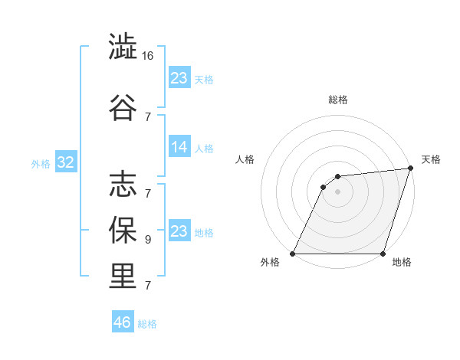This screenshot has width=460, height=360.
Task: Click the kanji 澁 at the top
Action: point(123,47)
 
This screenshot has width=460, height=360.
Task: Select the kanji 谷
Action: point(123,106)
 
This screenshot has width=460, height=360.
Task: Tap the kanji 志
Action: point(123,183)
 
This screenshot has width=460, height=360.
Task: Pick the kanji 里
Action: point(123,277)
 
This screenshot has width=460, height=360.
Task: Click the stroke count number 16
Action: point(149,57)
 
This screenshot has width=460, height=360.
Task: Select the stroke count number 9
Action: point(148,239)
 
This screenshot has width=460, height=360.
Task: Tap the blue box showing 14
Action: point(179,148)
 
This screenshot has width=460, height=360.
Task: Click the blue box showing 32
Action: point(65,163)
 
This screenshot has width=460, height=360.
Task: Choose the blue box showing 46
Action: point(123,322)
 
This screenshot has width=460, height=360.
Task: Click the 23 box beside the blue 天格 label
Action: point(179,77)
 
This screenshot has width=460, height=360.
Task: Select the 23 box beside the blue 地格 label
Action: point(179,231)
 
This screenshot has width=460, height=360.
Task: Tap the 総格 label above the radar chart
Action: point(338,100)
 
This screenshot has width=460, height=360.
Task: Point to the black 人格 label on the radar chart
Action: point(245,159)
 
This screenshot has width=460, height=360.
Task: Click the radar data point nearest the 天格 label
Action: point(410,169)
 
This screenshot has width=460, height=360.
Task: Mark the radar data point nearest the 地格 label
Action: point(383,254)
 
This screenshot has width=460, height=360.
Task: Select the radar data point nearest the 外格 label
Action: point(293,254)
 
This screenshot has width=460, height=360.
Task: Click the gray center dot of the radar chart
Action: point(337,192)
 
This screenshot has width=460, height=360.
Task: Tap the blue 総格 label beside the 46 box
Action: point(147,324)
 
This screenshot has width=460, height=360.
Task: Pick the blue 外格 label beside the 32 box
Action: point(40,164)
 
